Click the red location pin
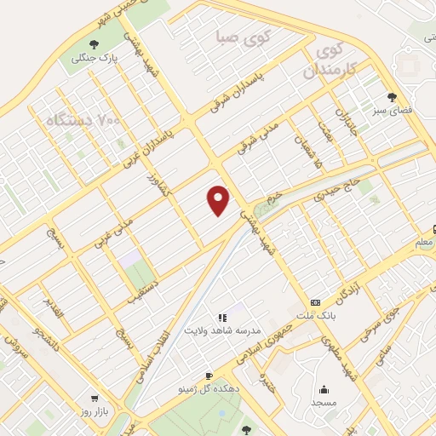[x=219, y=200]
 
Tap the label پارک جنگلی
[x=94, y=59]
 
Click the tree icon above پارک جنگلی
[x=94, y=44]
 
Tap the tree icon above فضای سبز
[x=392, y=96]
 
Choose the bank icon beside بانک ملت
[x=316, y=302]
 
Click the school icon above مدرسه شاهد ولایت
[x=221, y=318]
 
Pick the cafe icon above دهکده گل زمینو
[x=209, y=376]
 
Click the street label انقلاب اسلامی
[x=153, y=340]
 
